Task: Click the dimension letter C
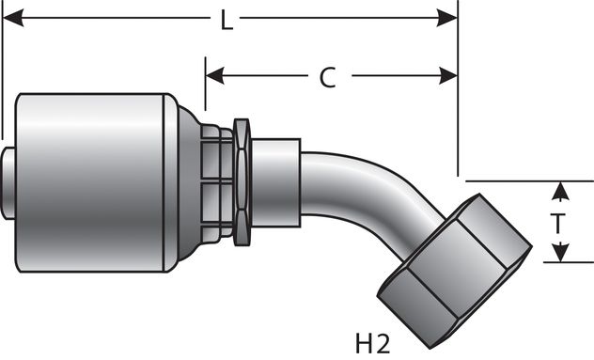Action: (x=327, y=78)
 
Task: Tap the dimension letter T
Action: (x=558, y=224)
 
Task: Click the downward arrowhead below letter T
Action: (x=560, y=255)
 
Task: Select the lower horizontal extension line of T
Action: (x=555, y=263)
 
